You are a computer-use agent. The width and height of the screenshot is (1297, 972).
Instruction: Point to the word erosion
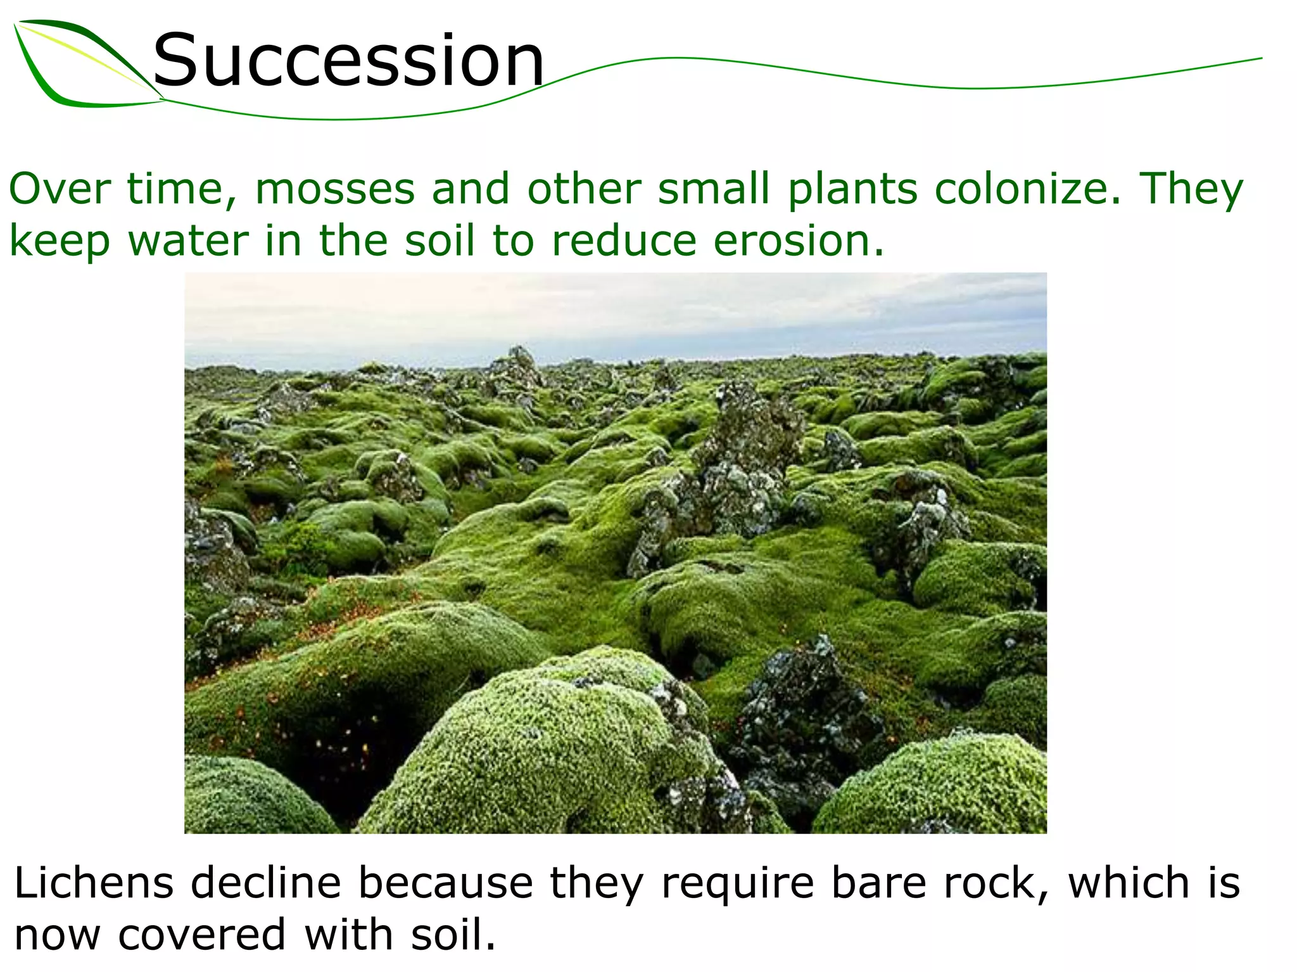[798, 241]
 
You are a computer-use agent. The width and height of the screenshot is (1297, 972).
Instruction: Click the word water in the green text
[189, 241]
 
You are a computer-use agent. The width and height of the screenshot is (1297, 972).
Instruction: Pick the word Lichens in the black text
[94, 883]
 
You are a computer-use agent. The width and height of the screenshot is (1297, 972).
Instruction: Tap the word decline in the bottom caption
[266, 883]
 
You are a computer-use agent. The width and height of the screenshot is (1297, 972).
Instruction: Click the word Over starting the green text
[60, 189]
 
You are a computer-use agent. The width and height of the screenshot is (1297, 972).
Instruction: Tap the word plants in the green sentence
[852, 189]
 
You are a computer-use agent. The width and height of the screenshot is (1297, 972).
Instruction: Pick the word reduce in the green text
[624, 241]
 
